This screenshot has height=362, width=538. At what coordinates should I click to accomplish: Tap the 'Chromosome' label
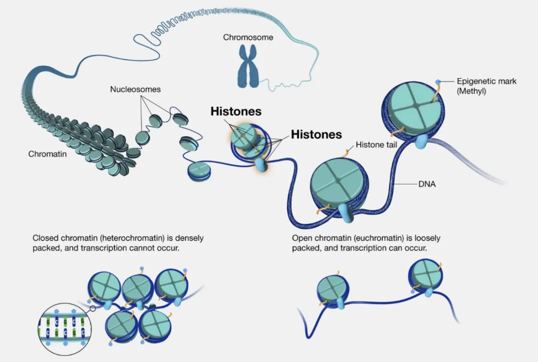(248, 37)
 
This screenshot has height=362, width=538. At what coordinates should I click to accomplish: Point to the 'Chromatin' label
(47, 154)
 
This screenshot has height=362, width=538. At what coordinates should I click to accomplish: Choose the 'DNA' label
(427, 184)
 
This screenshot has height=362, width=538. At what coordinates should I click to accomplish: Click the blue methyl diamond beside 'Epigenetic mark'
(438, 81)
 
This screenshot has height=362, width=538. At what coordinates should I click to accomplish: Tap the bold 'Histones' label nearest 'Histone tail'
(316, 134)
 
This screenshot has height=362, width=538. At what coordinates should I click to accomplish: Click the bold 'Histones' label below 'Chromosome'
(236, 111)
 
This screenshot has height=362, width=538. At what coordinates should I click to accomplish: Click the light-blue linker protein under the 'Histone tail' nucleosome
(344, 212)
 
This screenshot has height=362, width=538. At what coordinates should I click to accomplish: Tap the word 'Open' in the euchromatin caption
(301, 238)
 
